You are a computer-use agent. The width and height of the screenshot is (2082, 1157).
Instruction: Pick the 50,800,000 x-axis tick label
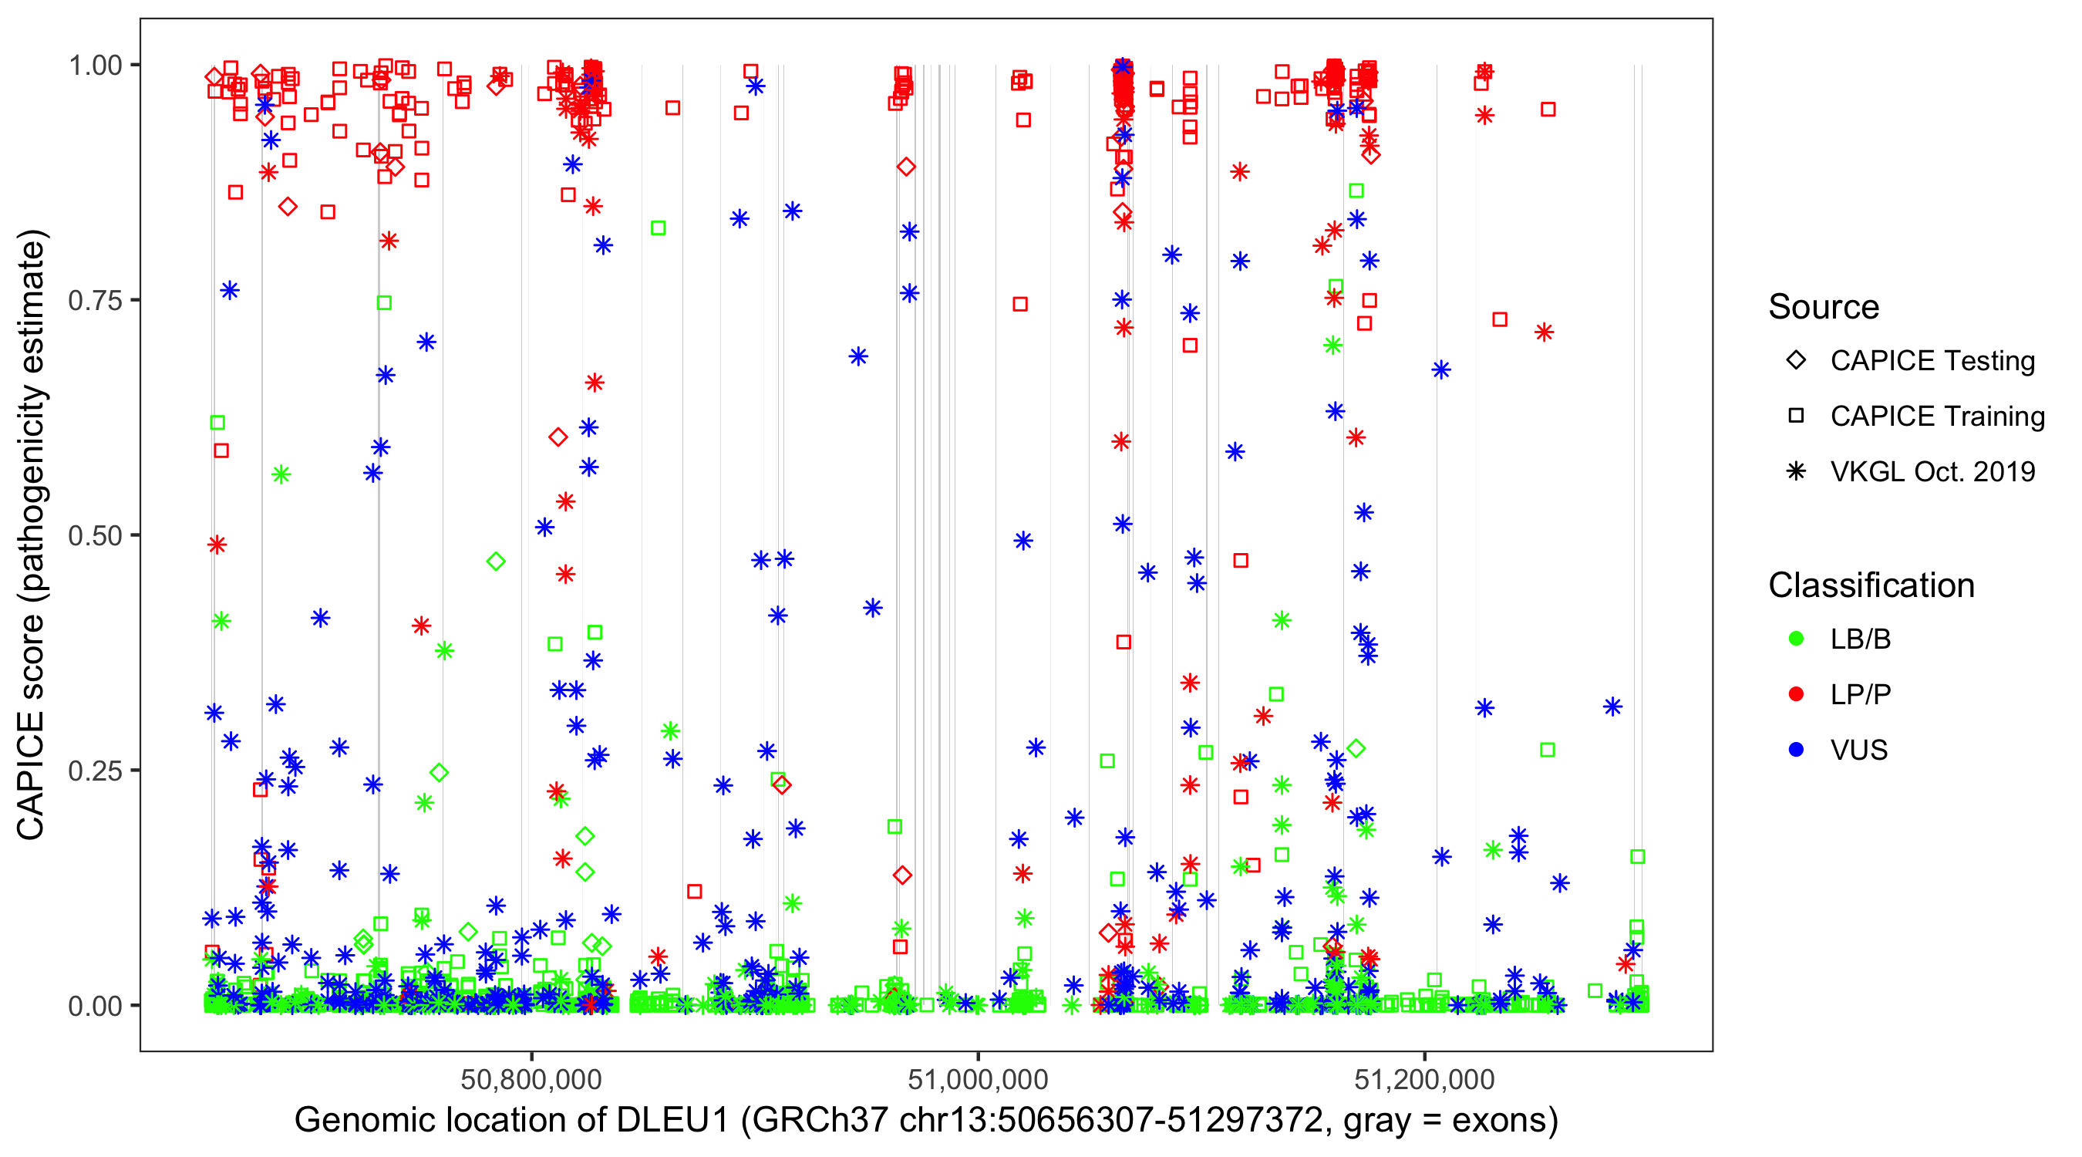[531, 1079]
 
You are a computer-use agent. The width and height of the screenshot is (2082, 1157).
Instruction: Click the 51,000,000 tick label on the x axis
[978, 1079]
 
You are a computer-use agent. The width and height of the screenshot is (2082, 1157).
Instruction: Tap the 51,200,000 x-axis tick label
[1424, 1079]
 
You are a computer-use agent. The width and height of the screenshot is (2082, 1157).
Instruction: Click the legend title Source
[1824, 307]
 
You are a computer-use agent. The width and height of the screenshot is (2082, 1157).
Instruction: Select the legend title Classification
[1871, 585]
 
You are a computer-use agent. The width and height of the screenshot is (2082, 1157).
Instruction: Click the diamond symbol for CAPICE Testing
[1796, 361]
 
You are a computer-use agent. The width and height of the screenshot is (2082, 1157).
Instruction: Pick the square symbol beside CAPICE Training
[1796, 417]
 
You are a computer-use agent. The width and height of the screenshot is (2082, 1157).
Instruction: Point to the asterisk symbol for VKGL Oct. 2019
[1796, 471]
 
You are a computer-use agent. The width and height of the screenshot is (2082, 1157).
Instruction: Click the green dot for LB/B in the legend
[1796, 639]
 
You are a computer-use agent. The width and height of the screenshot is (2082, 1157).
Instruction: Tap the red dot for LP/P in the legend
[1796, 694]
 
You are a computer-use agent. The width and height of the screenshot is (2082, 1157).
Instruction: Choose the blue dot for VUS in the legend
[1796, 751]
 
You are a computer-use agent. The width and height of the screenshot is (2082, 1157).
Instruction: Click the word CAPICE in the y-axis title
[31, 775]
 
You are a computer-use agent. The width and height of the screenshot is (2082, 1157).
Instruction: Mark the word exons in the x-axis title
[1499, 1121]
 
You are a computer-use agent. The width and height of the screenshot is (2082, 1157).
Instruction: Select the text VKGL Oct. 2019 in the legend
[1932, 471]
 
